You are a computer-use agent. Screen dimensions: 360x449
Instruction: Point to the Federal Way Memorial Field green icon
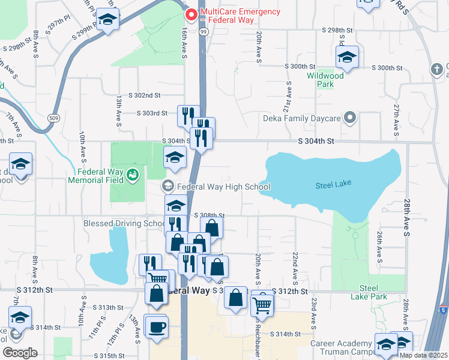click(x=133, y=175)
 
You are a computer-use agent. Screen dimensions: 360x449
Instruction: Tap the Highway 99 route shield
click(x=203, y=31)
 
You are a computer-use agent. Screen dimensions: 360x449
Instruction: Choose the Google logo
click(x=20, y=352)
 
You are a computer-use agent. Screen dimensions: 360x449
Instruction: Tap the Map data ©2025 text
click(x=423, y=355)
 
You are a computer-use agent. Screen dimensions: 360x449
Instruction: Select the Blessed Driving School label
click(x=124, y=223)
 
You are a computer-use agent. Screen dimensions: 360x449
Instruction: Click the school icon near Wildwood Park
click(x=347, y=58)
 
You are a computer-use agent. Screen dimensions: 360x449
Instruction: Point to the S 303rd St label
click(x=152, y=113)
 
